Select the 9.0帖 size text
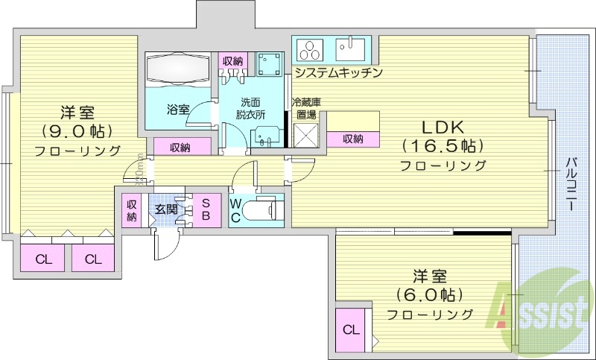point(77,131)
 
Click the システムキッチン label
point(338,73)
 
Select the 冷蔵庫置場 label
point(305,109)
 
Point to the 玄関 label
point(165,209)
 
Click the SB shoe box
point(206,209)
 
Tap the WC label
point(235,209)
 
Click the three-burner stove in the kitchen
point(309,51)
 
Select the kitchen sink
point(349,49)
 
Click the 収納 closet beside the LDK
point(353,139)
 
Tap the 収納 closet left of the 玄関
point(132,209)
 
